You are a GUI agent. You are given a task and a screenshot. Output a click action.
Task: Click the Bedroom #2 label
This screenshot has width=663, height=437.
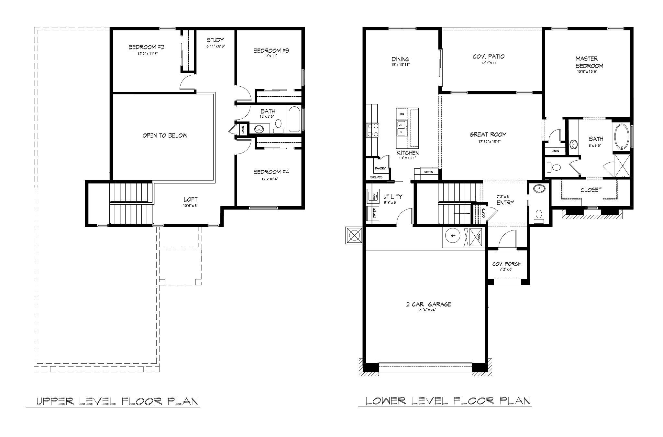coord(146,47)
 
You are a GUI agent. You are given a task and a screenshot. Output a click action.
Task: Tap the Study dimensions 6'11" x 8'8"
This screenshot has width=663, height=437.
coord(215,46)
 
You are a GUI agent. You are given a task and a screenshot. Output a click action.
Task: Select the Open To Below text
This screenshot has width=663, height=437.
coord(165,135)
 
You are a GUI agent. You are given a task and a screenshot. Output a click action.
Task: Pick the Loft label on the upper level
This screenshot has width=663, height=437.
coord(191,199)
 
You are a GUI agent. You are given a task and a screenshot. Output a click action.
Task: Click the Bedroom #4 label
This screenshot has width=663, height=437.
coord(271,172)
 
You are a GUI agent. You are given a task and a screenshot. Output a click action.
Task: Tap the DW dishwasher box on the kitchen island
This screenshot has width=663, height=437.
coord(402,114)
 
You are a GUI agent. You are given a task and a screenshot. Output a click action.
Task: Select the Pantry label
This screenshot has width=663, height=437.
coord(380,168)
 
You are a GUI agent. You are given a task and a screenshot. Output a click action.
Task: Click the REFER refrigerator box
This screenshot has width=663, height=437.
coord(429,172)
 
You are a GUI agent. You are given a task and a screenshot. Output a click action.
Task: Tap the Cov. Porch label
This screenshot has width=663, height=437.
coord(506,264)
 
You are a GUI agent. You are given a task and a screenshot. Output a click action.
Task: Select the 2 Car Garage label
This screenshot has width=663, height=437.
coord(429,304)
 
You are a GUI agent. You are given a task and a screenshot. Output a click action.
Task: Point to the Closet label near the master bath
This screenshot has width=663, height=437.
coord(591,190)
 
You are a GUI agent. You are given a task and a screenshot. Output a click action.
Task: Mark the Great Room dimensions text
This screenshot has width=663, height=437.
coord(488,141)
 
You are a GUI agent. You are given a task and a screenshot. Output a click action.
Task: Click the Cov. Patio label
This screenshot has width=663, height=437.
coord(488,57)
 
